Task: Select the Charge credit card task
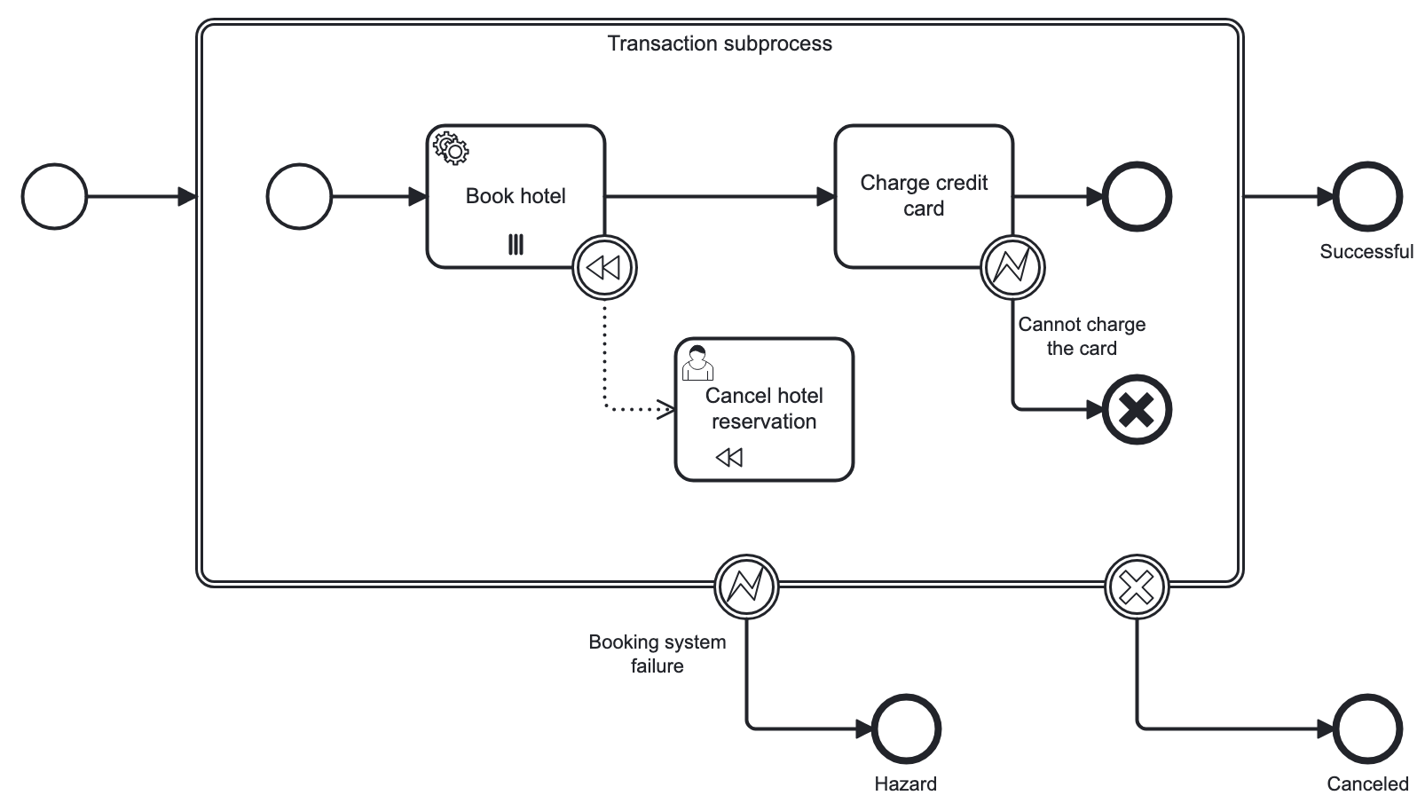[923, 196]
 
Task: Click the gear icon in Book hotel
[451, 149]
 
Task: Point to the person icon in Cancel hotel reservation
[697, 362]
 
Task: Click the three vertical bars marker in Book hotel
[516, 245]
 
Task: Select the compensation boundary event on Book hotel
[605, 267]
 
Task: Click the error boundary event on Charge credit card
[1012, 267]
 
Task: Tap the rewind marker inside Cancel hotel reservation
[728, 457]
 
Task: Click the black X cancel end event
[1137, 410]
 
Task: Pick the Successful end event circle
[1367, 196]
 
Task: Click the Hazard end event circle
[906, 729]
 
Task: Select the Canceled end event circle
[1367, 729]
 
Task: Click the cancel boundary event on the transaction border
[1137, 587]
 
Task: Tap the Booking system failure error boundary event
[746, 587]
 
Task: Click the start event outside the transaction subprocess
[55, 196]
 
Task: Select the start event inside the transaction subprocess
[300, 196]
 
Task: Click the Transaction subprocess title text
[720, 43]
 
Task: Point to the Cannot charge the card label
[1081, 336]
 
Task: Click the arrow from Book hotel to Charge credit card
[719, 196]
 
